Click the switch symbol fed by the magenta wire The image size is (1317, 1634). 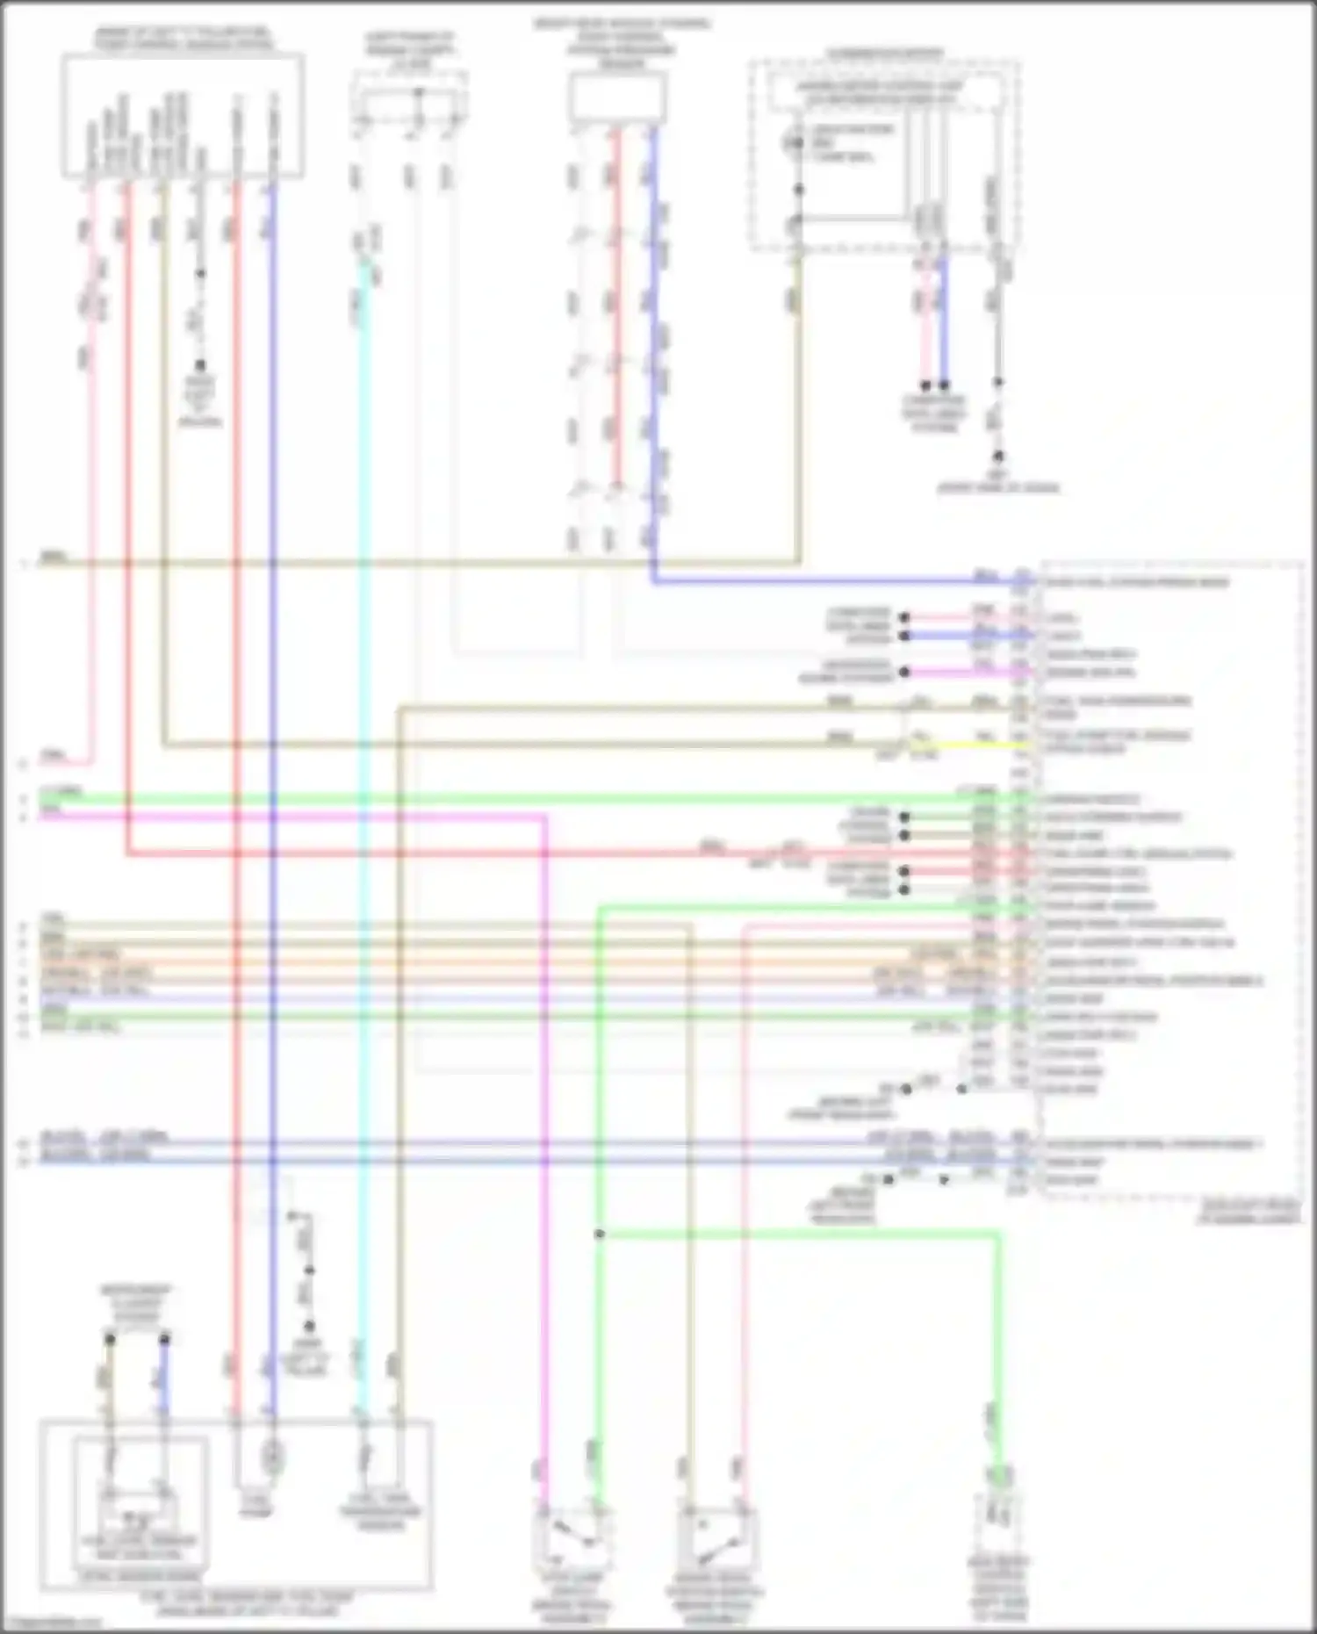570,1536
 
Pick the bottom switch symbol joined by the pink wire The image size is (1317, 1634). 715,1536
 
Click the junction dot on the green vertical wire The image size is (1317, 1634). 599,1234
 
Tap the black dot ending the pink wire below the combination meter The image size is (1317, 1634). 925,385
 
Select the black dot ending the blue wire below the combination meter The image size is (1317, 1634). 944,385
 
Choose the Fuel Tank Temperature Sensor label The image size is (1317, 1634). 381,1512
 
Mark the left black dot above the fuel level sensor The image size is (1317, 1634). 110,1339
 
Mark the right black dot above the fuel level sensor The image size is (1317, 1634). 164,1339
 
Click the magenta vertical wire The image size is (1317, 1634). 544,1141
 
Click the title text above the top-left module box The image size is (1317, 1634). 183,40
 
